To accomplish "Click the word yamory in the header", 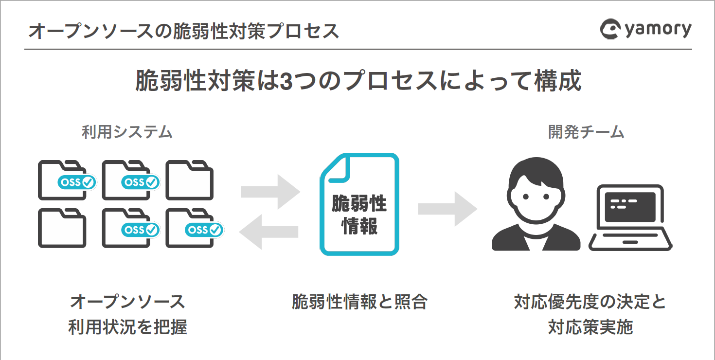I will click(657, 30).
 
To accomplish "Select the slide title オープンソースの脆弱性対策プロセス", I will click(183, 32).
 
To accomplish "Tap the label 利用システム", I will click(127, 132).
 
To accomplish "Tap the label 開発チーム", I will click(586, 132).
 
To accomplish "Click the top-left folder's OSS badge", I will click(77, 182).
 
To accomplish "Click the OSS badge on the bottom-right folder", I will click(204, 230).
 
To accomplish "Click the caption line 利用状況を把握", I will click(127, 327).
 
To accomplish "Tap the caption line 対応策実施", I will click(590, 327).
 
